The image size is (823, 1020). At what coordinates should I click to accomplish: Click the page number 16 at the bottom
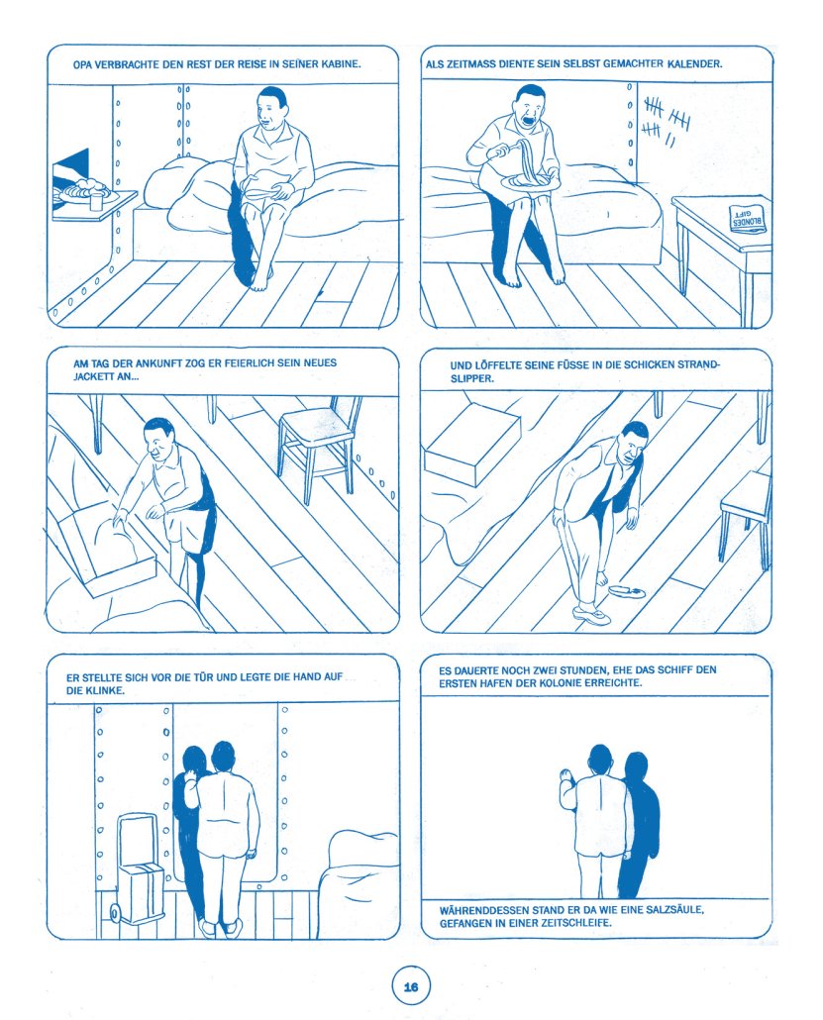pyautogui.click(x=411, y=986)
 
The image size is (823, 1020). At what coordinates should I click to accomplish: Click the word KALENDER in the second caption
pyautogui.click(x=694, y=63)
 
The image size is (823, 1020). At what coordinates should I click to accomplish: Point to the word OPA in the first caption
pyautogui.click(x=81, y=64)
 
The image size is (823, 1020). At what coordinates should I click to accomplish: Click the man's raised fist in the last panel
pyautogui.click(x=566, y=776)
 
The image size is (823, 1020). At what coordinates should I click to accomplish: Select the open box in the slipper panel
pyautogui.click(x=471, y=443)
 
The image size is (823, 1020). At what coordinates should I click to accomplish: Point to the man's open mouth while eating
pyautogui.click(x=527, y=119)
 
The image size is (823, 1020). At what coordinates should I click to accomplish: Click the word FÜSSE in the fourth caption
pyautogui.click(x=572, y=365)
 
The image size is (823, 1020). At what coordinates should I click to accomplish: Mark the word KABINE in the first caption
pyautogui.click(x=341, y=64)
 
